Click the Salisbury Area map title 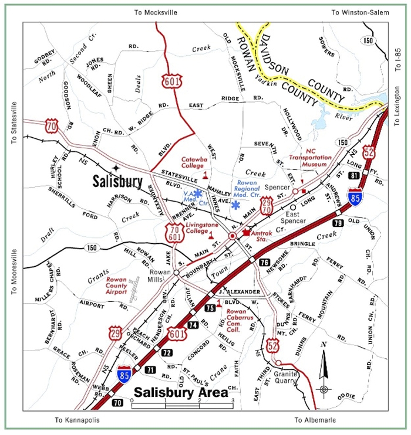(181, 392)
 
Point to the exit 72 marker (167, 352)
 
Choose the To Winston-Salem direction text (360, 12)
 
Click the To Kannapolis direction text (76, 420)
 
